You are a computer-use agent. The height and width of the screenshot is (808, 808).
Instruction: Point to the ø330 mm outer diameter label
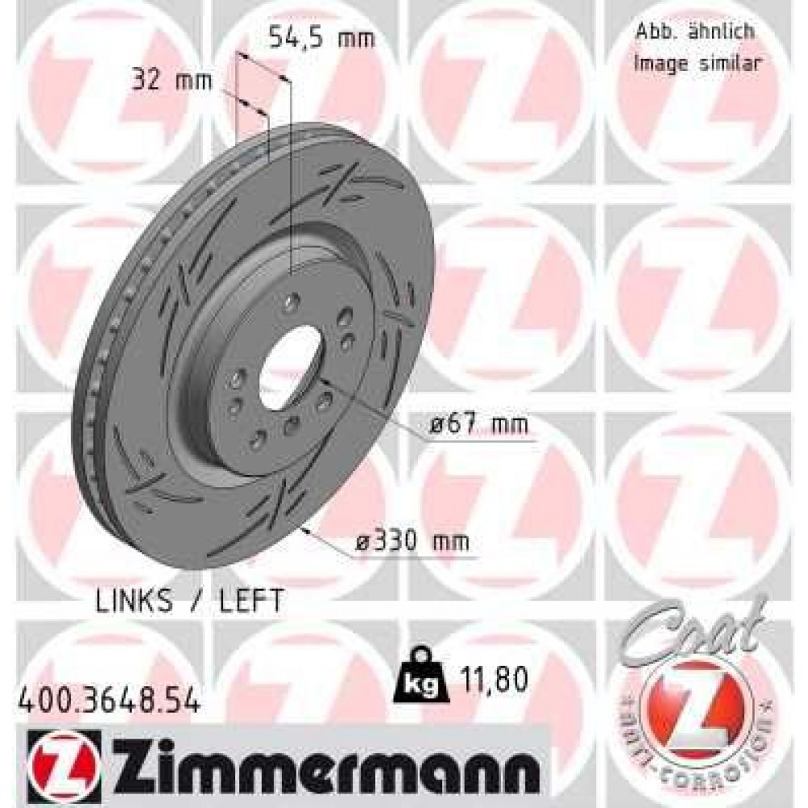[414, 541]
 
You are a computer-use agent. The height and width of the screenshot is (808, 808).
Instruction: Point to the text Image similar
[696, 64]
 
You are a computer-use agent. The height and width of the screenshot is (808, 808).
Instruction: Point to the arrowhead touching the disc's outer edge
[305, 530]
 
